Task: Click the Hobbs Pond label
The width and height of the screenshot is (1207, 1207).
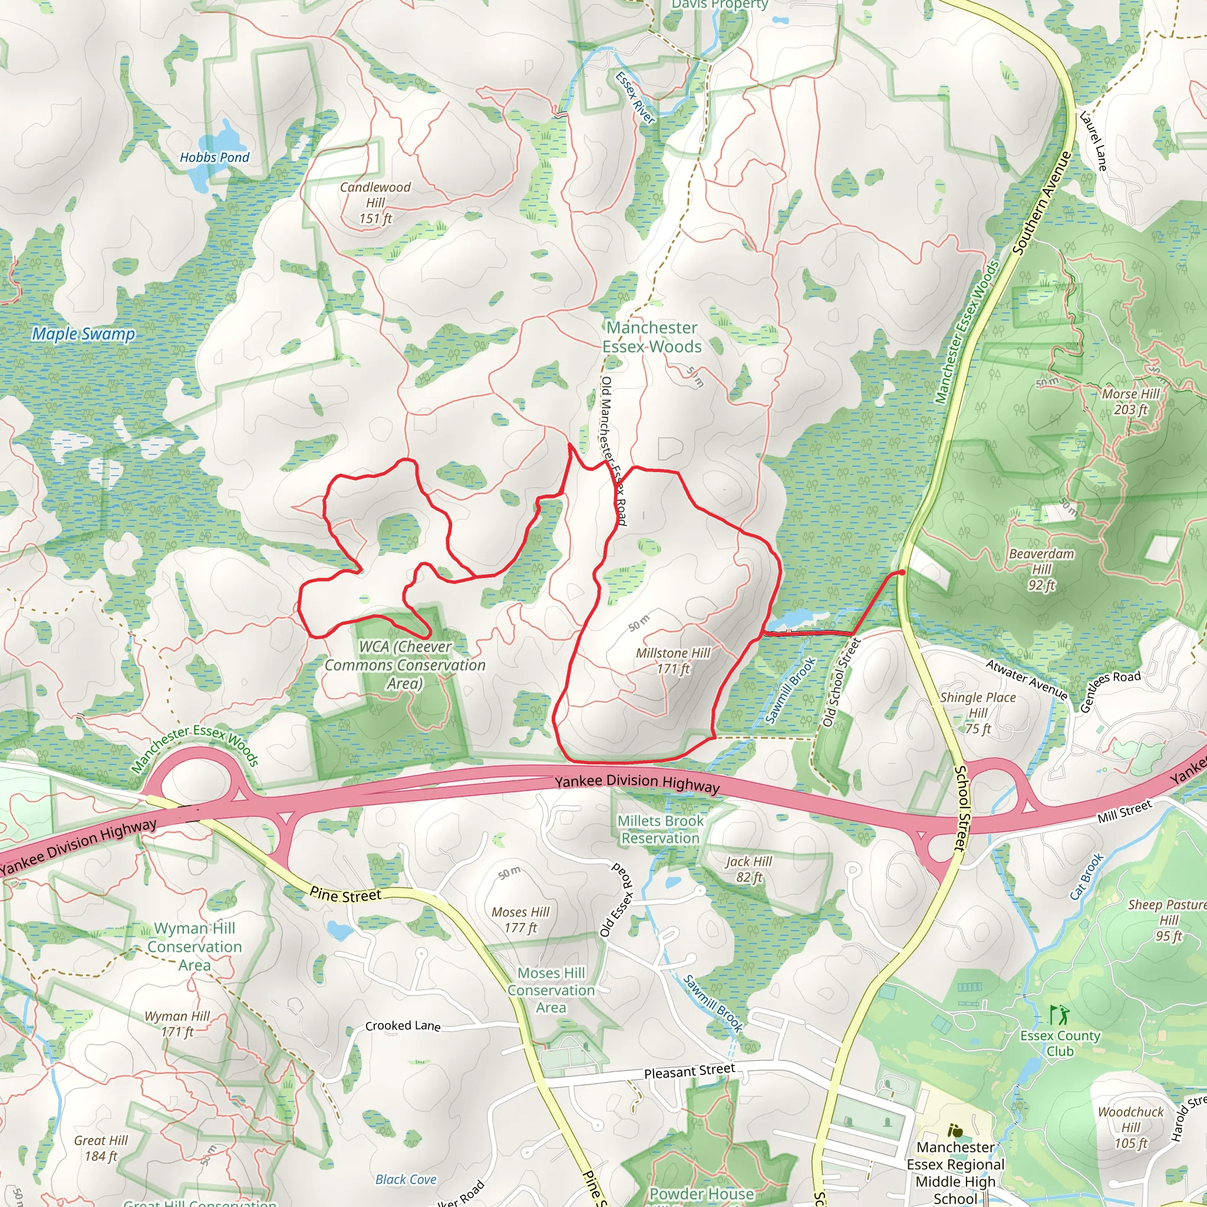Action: pos(215,157)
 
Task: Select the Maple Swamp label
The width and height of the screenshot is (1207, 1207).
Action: pos(84,334)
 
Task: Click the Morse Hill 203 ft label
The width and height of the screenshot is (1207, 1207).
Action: pos(1131,402)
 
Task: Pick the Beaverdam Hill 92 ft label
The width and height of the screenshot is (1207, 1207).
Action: pos(1041,569)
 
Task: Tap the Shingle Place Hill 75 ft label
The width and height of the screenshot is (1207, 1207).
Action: pos(978,713)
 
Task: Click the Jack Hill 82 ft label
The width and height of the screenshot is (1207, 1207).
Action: pos(749,869)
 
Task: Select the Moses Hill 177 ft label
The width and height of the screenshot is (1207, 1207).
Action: pos(520,919)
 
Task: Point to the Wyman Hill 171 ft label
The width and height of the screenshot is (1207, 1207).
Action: pos(177,1024)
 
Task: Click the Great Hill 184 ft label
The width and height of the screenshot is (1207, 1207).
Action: pos(101,1148)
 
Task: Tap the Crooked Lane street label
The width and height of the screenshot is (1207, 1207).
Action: pos(403,1026)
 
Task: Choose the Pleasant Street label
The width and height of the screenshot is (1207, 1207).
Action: pos(690,1072)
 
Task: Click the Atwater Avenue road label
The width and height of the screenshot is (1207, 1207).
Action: pos(1027,679)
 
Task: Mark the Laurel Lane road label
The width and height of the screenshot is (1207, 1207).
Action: pos(1093,141)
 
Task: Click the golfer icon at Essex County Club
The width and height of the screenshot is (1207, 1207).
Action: pos(1060,1015)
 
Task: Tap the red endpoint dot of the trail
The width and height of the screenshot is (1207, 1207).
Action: pos(902,572)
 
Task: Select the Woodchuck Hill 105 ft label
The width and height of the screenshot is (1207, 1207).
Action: pos(1131,1127)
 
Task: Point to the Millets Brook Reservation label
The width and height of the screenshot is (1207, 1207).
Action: pos(660,829)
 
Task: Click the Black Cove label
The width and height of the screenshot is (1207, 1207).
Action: pos(406,1179)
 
